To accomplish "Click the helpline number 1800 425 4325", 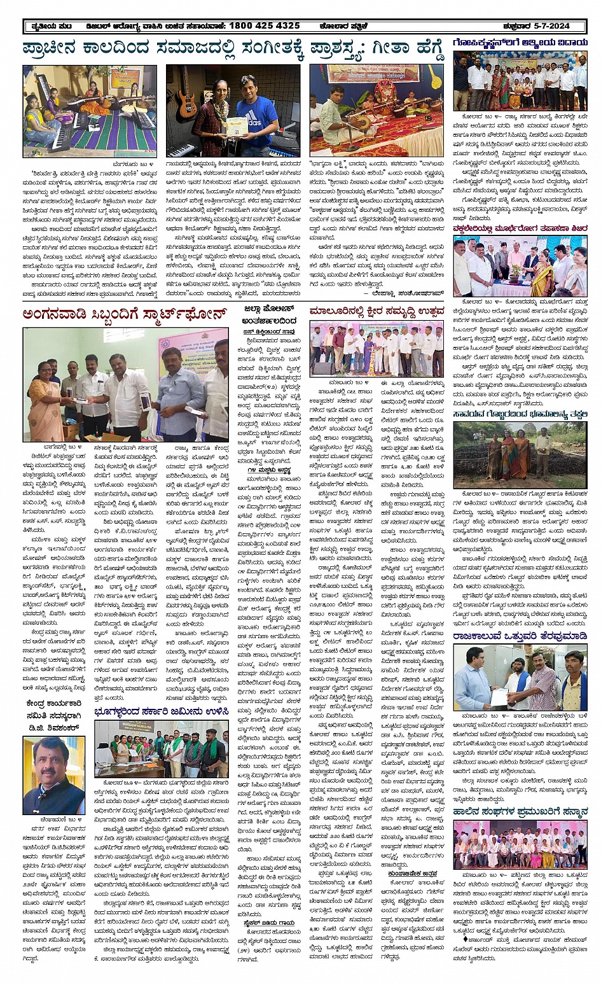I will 255,26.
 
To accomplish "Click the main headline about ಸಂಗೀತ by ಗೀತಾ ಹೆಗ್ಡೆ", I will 232,49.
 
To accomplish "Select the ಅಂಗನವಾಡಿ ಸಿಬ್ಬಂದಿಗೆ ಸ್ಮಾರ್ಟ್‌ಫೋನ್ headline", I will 124,314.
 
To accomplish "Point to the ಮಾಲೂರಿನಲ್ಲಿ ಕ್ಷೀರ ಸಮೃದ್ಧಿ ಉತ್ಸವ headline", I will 377,311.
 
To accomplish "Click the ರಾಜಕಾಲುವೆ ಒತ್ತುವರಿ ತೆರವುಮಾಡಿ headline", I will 520,635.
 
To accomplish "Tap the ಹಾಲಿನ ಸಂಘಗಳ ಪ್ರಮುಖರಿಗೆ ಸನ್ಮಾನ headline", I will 520,812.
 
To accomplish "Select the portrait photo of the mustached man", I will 53,774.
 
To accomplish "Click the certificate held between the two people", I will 237,125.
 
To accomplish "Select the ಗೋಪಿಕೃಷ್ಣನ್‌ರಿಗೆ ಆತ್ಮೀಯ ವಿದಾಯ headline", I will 520,43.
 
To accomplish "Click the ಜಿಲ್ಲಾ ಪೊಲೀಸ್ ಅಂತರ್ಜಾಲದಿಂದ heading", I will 269,315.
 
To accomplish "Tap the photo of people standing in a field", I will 520,454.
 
